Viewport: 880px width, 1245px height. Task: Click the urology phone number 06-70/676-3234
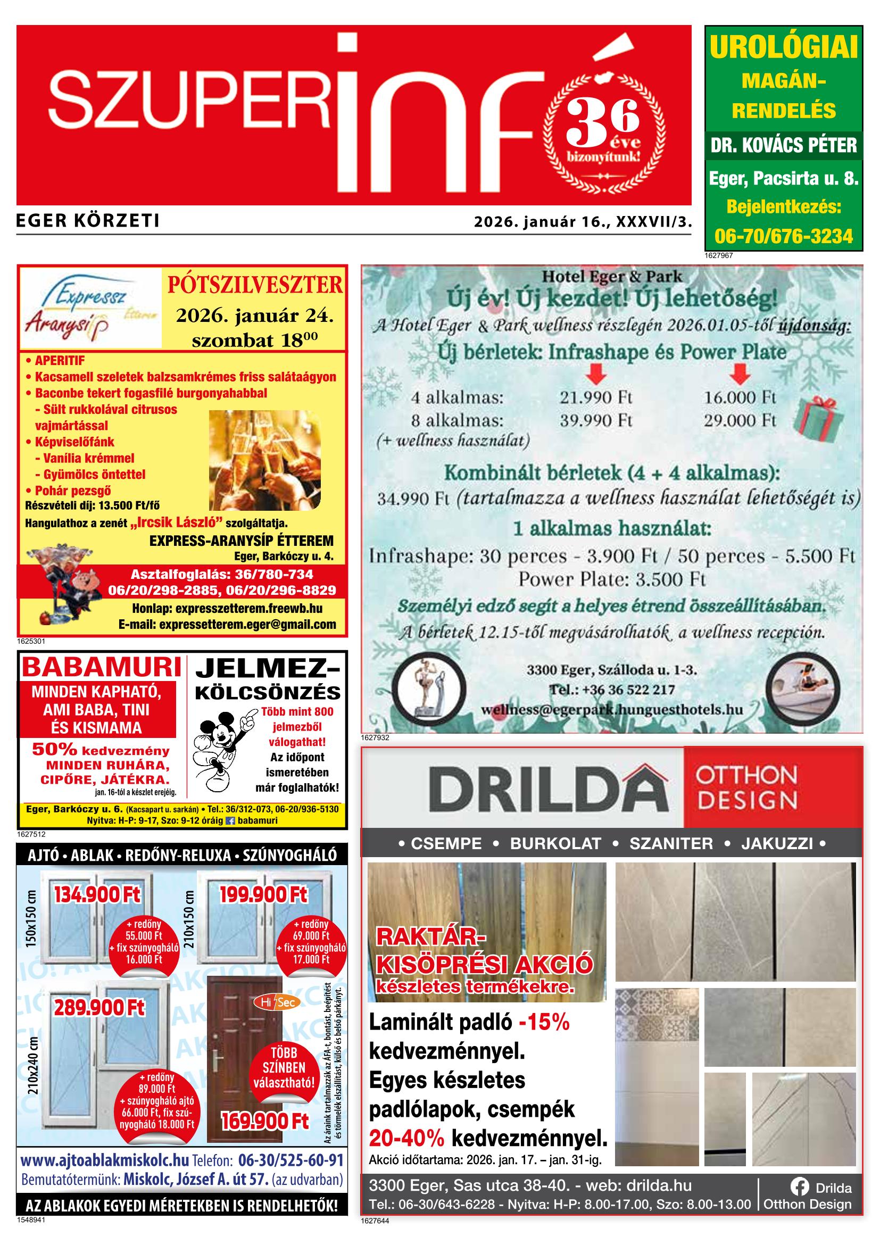click(x=784, y=236)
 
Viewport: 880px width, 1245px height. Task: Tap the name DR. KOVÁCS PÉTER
click(x=784, y=145)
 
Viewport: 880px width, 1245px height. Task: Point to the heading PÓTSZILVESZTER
click(x=255, y=285)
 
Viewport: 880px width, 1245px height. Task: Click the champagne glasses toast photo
click(x=264, y=460)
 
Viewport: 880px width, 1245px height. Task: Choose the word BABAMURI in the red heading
click(x=102, y=668)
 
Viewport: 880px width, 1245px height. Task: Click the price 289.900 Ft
click(x=99, y=1008)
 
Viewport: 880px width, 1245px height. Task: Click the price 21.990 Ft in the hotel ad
click(x=596, y=397)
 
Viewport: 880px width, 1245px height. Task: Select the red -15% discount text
click(x=544, y=1022)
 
